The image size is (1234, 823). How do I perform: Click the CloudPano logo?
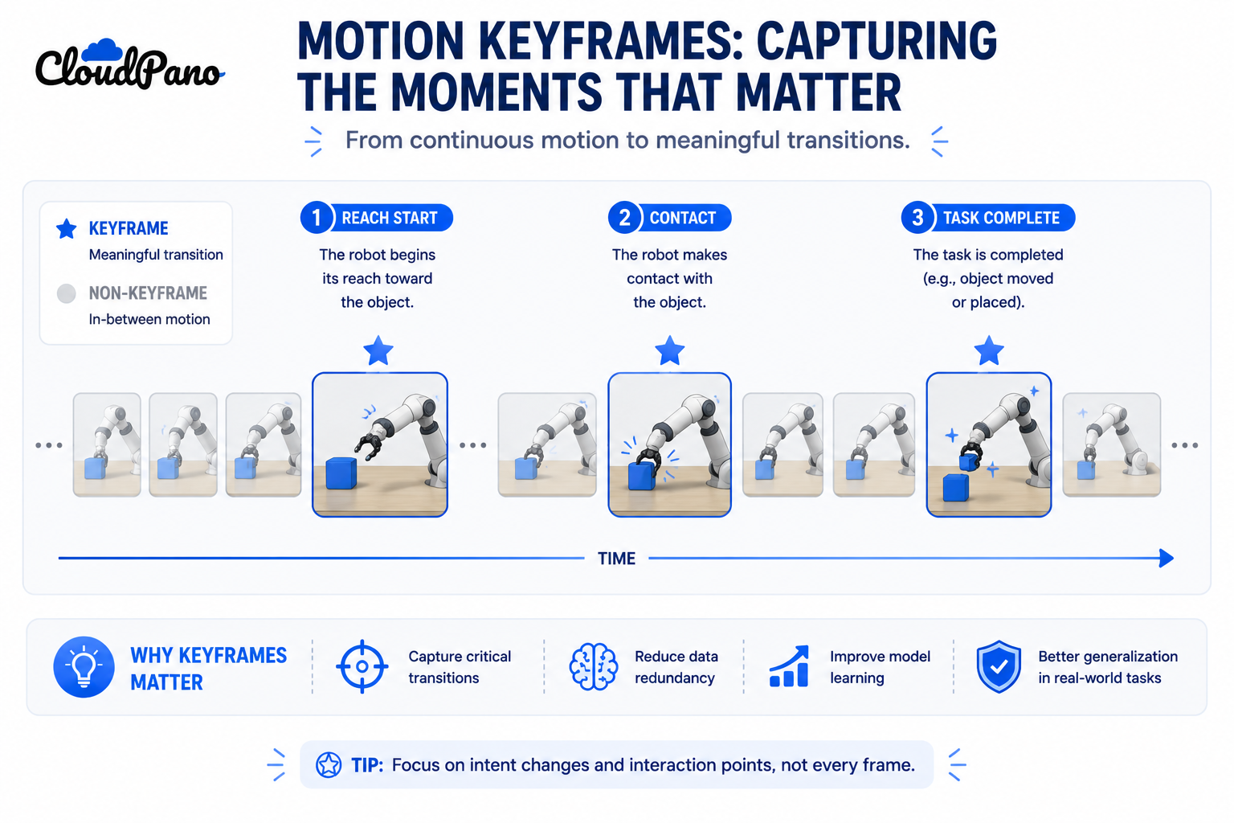pos(129,65)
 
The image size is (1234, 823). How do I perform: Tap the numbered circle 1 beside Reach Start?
pos(317,218)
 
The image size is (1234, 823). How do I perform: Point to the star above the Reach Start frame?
pos(378,350)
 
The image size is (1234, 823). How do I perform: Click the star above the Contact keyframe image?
pos(670,350)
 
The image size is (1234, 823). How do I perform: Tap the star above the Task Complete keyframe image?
pos(989,350)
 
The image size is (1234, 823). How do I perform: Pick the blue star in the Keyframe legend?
pos(67,229)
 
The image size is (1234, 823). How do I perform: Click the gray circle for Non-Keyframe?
pos(67,293)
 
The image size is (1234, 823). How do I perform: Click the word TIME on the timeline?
pos(616,559)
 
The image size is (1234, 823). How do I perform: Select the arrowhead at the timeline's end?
pos(1166,559)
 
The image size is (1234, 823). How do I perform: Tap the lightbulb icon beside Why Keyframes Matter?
pos(84,667)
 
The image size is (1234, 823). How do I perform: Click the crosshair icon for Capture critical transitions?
pos(362,666)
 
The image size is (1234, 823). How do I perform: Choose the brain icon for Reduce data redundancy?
pos(593,666)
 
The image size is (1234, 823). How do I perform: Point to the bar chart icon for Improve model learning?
pos(789,666)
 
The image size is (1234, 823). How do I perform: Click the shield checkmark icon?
pos(999,666)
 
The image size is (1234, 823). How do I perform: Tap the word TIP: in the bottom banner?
pos(367,765)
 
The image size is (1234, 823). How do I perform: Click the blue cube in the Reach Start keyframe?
pos(341,473)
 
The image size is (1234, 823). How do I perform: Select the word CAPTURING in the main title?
pos(876,40)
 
